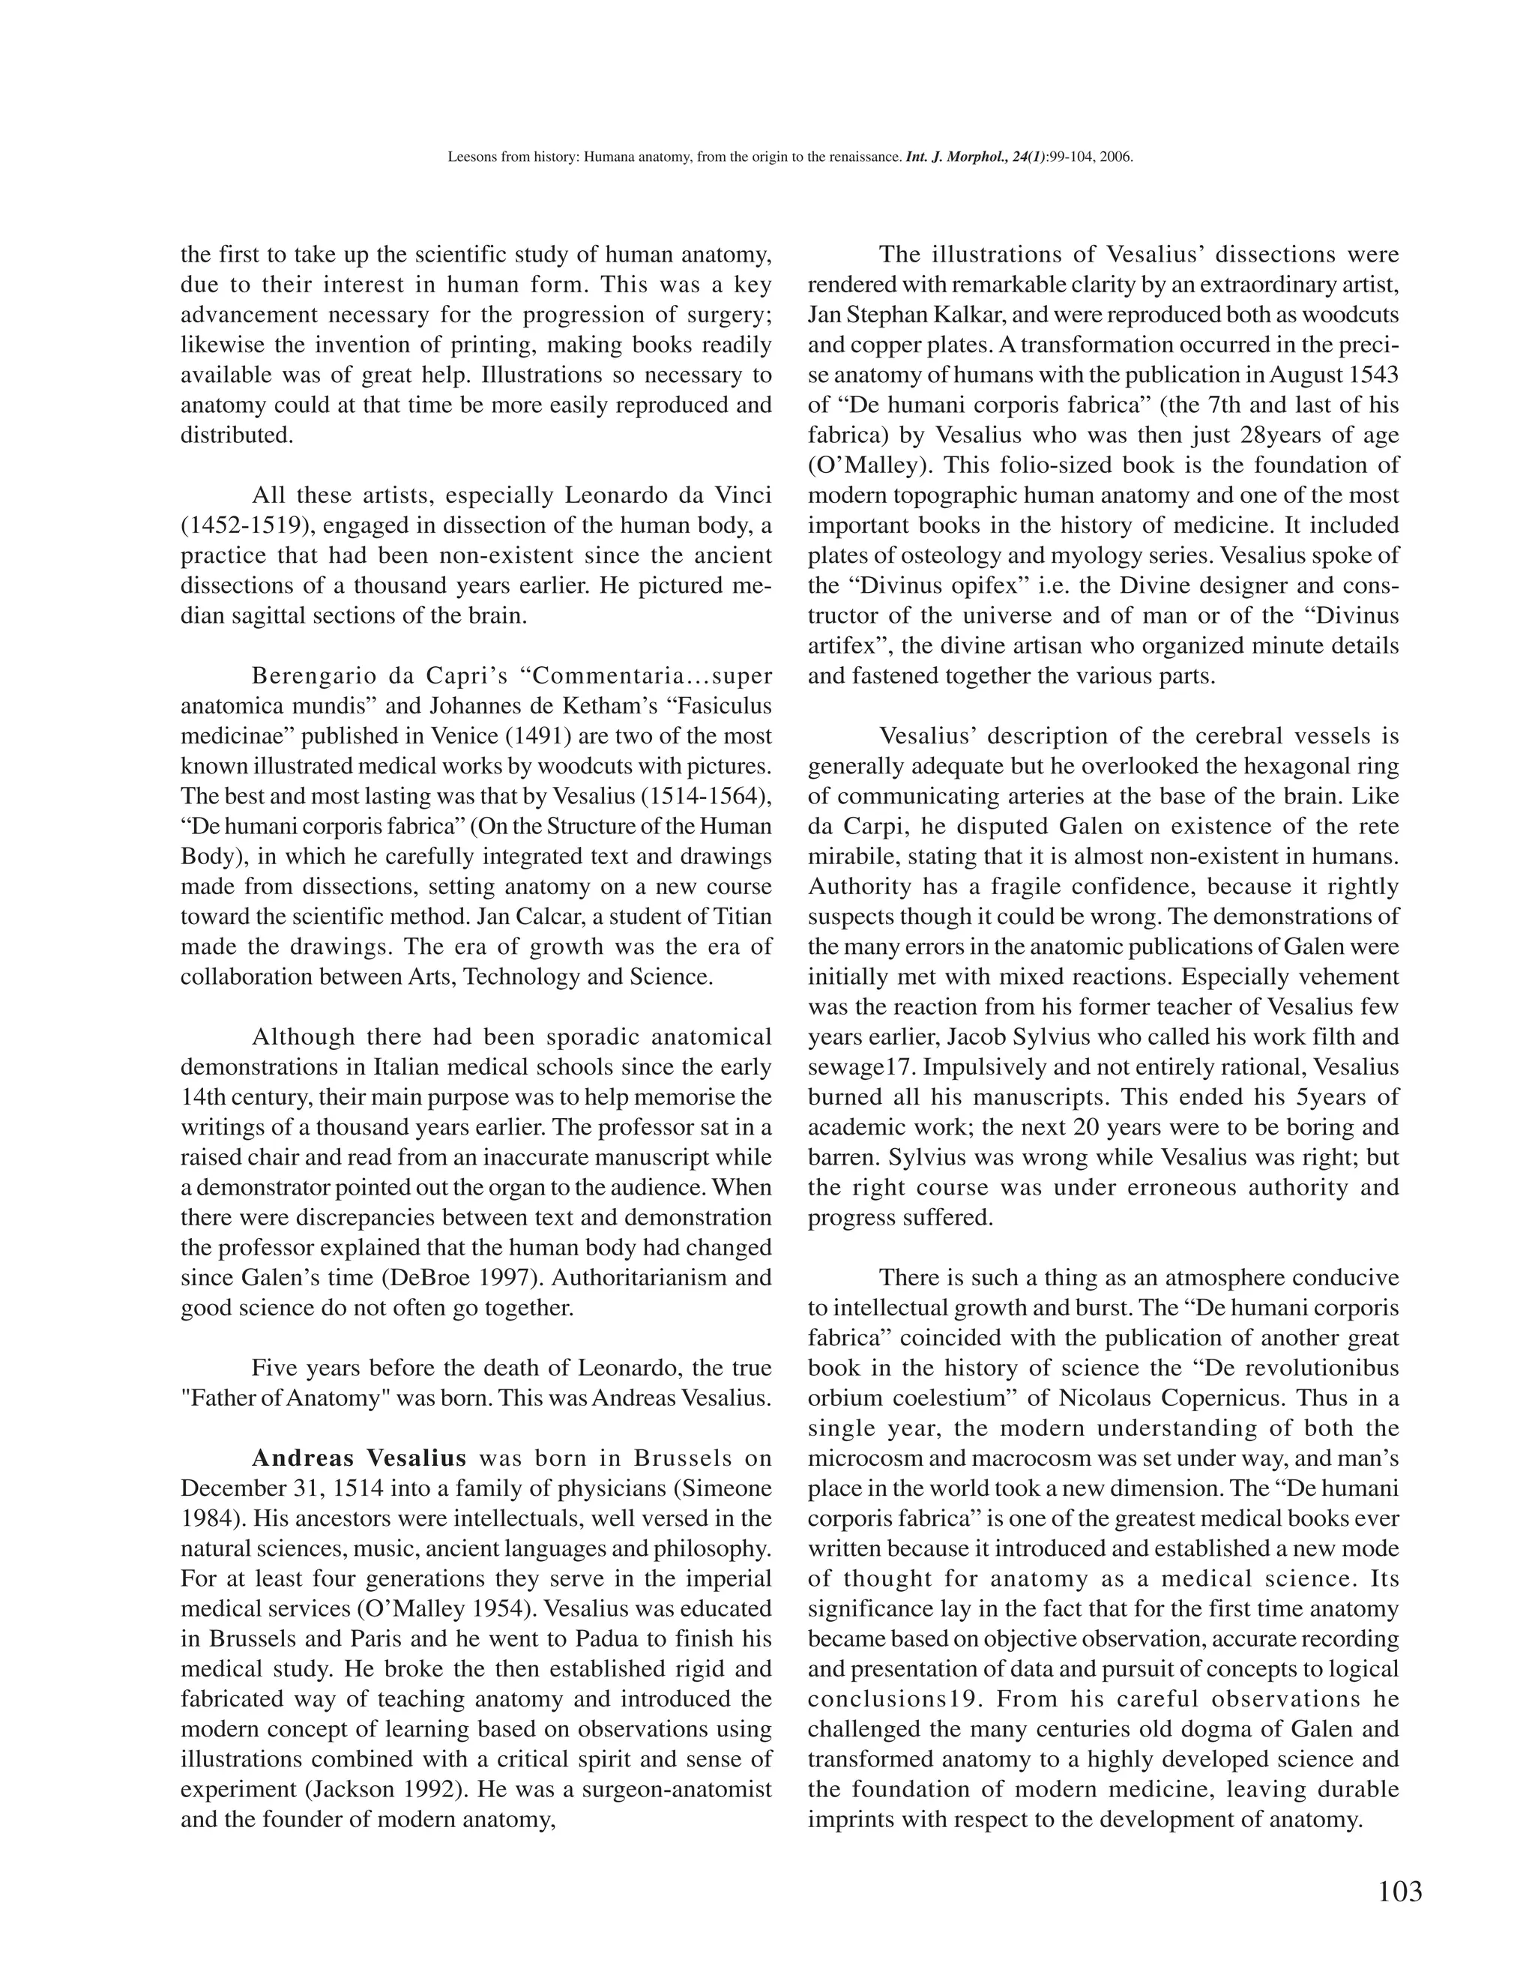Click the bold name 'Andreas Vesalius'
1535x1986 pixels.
click(x=358, y=1458)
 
